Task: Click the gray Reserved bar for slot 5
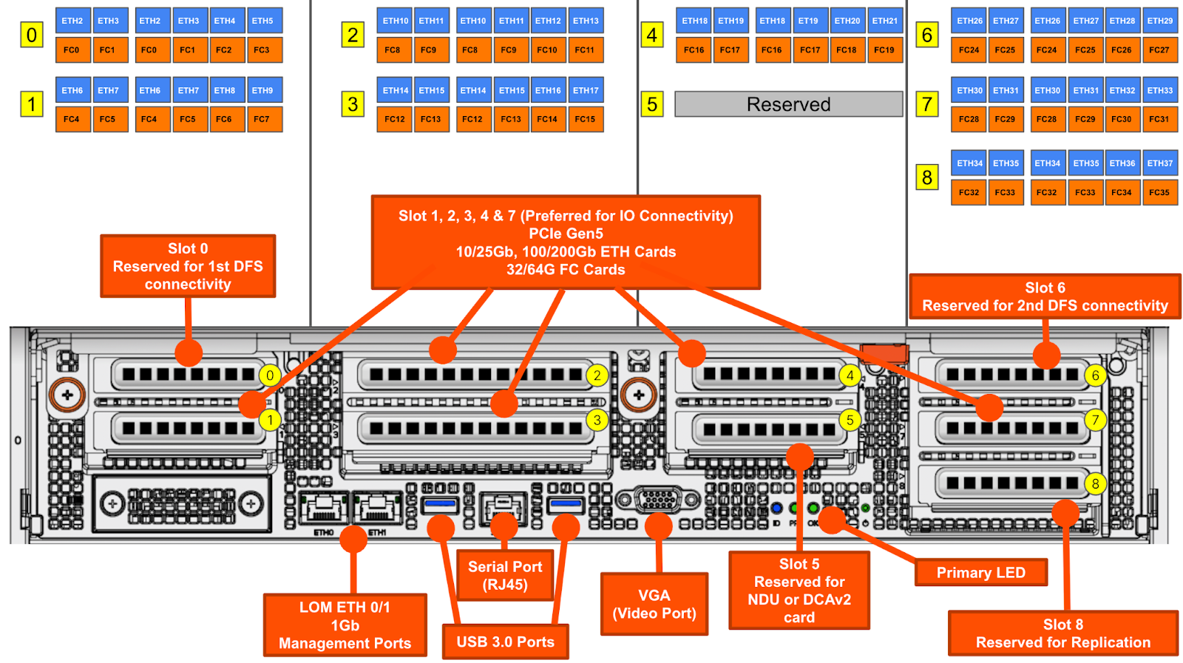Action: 788,104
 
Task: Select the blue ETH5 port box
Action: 262,21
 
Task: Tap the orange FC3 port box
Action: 262,50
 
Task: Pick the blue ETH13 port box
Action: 586,21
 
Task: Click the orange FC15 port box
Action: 585,119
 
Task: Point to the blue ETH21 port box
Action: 884,21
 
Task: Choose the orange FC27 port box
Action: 1159,50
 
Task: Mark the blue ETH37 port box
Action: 1160,163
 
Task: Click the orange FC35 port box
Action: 1159,192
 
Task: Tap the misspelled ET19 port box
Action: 808,21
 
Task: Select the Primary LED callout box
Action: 980,573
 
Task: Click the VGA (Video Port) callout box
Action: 654,604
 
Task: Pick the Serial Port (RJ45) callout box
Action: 505,576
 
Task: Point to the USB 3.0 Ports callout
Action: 505,642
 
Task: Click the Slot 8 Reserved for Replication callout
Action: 1062,633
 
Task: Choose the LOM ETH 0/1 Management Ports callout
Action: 345,625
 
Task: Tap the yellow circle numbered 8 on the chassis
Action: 1095,484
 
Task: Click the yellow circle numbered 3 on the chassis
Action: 597,421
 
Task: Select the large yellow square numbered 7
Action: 927,104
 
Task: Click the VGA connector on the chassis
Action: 657,500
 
